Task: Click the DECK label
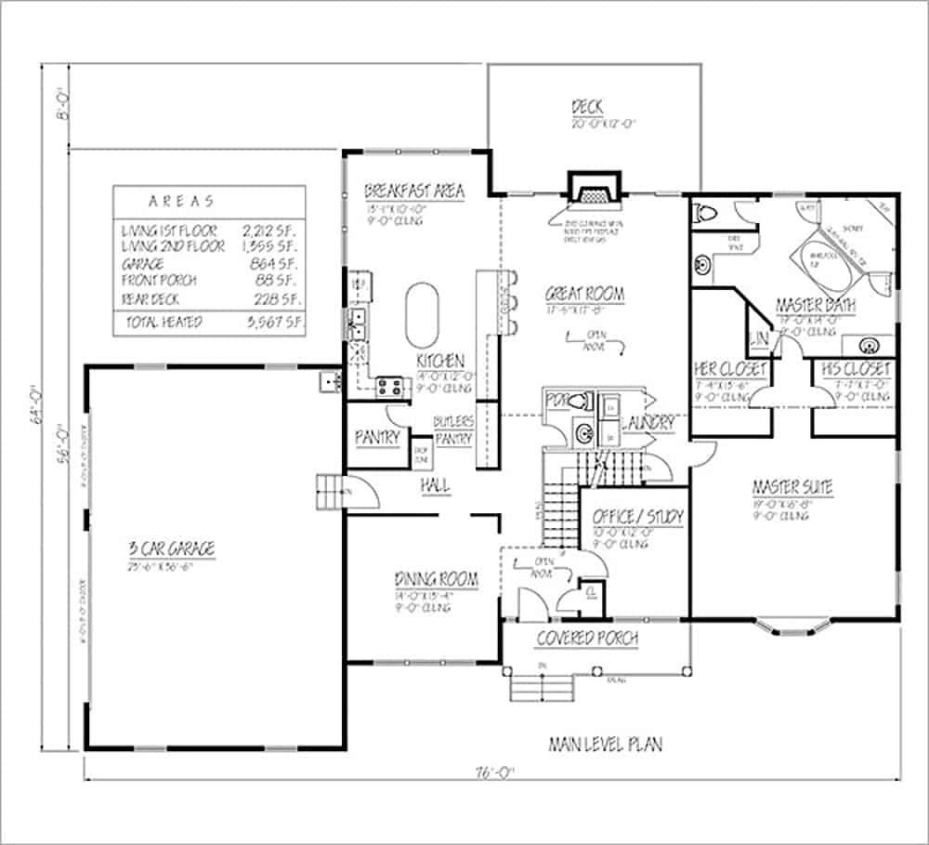pos(586,108)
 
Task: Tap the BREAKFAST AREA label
pos(413,191)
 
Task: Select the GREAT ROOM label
pos(584,295)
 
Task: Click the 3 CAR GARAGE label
pos(172,548)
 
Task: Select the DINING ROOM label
pos(436,580)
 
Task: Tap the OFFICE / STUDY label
pos(637,516)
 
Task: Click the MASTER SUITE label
pos(792,487)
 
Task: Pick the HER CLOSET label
pos(730,369)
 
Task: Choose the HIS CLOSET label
pos(856,369)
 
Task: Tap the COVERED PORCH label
pos(587,639)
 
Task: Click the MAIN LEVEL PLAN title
pos(605,745)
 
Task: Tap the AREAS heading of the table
pos(181,200)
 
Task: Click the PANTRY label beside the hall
pos(376,437)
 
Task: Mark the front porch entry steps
pos(539,689)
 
